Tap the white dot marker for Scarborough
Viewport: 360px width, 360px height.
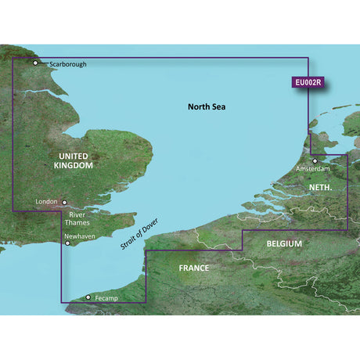[35, 63]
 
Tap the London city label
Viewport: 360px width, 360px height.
[46, 202]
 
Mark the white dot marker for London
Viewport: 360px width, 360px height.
[66, 201]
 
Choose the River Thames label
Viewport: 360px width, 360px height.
[77, 217]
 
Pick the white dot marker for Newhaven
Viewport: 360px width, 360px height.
[69, 243]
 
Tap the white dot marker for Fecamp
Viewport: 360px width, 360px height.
[88, 297]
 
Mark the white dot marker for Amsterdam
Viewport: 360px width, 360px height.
[316, 161]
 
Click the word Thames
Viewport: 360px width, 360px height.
[77, 221]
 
